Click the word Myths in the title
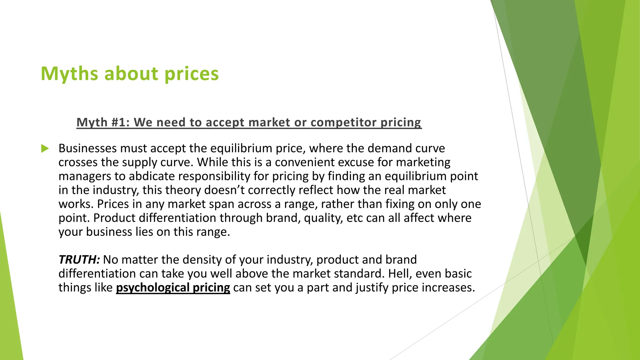(x=70, y=74)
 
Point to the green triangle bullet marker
(x=45, y=148)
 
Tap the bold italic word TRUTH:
(x=79, y=260)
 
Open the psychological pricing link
(x=173, y=287)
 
